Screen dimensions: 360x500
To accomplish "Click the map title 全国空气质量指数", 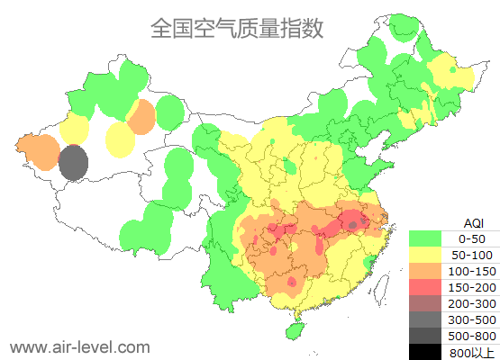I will (236, 28).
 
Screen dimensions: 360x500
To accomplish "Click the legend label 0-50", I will (472, 238).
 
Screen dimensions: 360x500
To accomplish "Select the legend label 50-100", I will (472, 255).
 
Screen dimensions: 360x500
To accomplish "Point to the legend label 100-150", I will (472, 271).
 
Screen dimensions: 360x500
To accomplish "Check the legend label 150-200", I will (472, 287).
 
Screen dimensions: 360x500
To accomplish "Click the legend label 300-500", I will (472, 319).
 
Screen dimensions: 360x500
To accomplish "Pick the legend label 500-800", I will (472, 336).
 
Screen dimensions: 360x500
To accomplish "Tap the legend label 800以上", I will (472, 352).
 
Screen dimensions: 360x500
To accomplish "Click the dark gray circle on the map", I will (73, 163).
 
